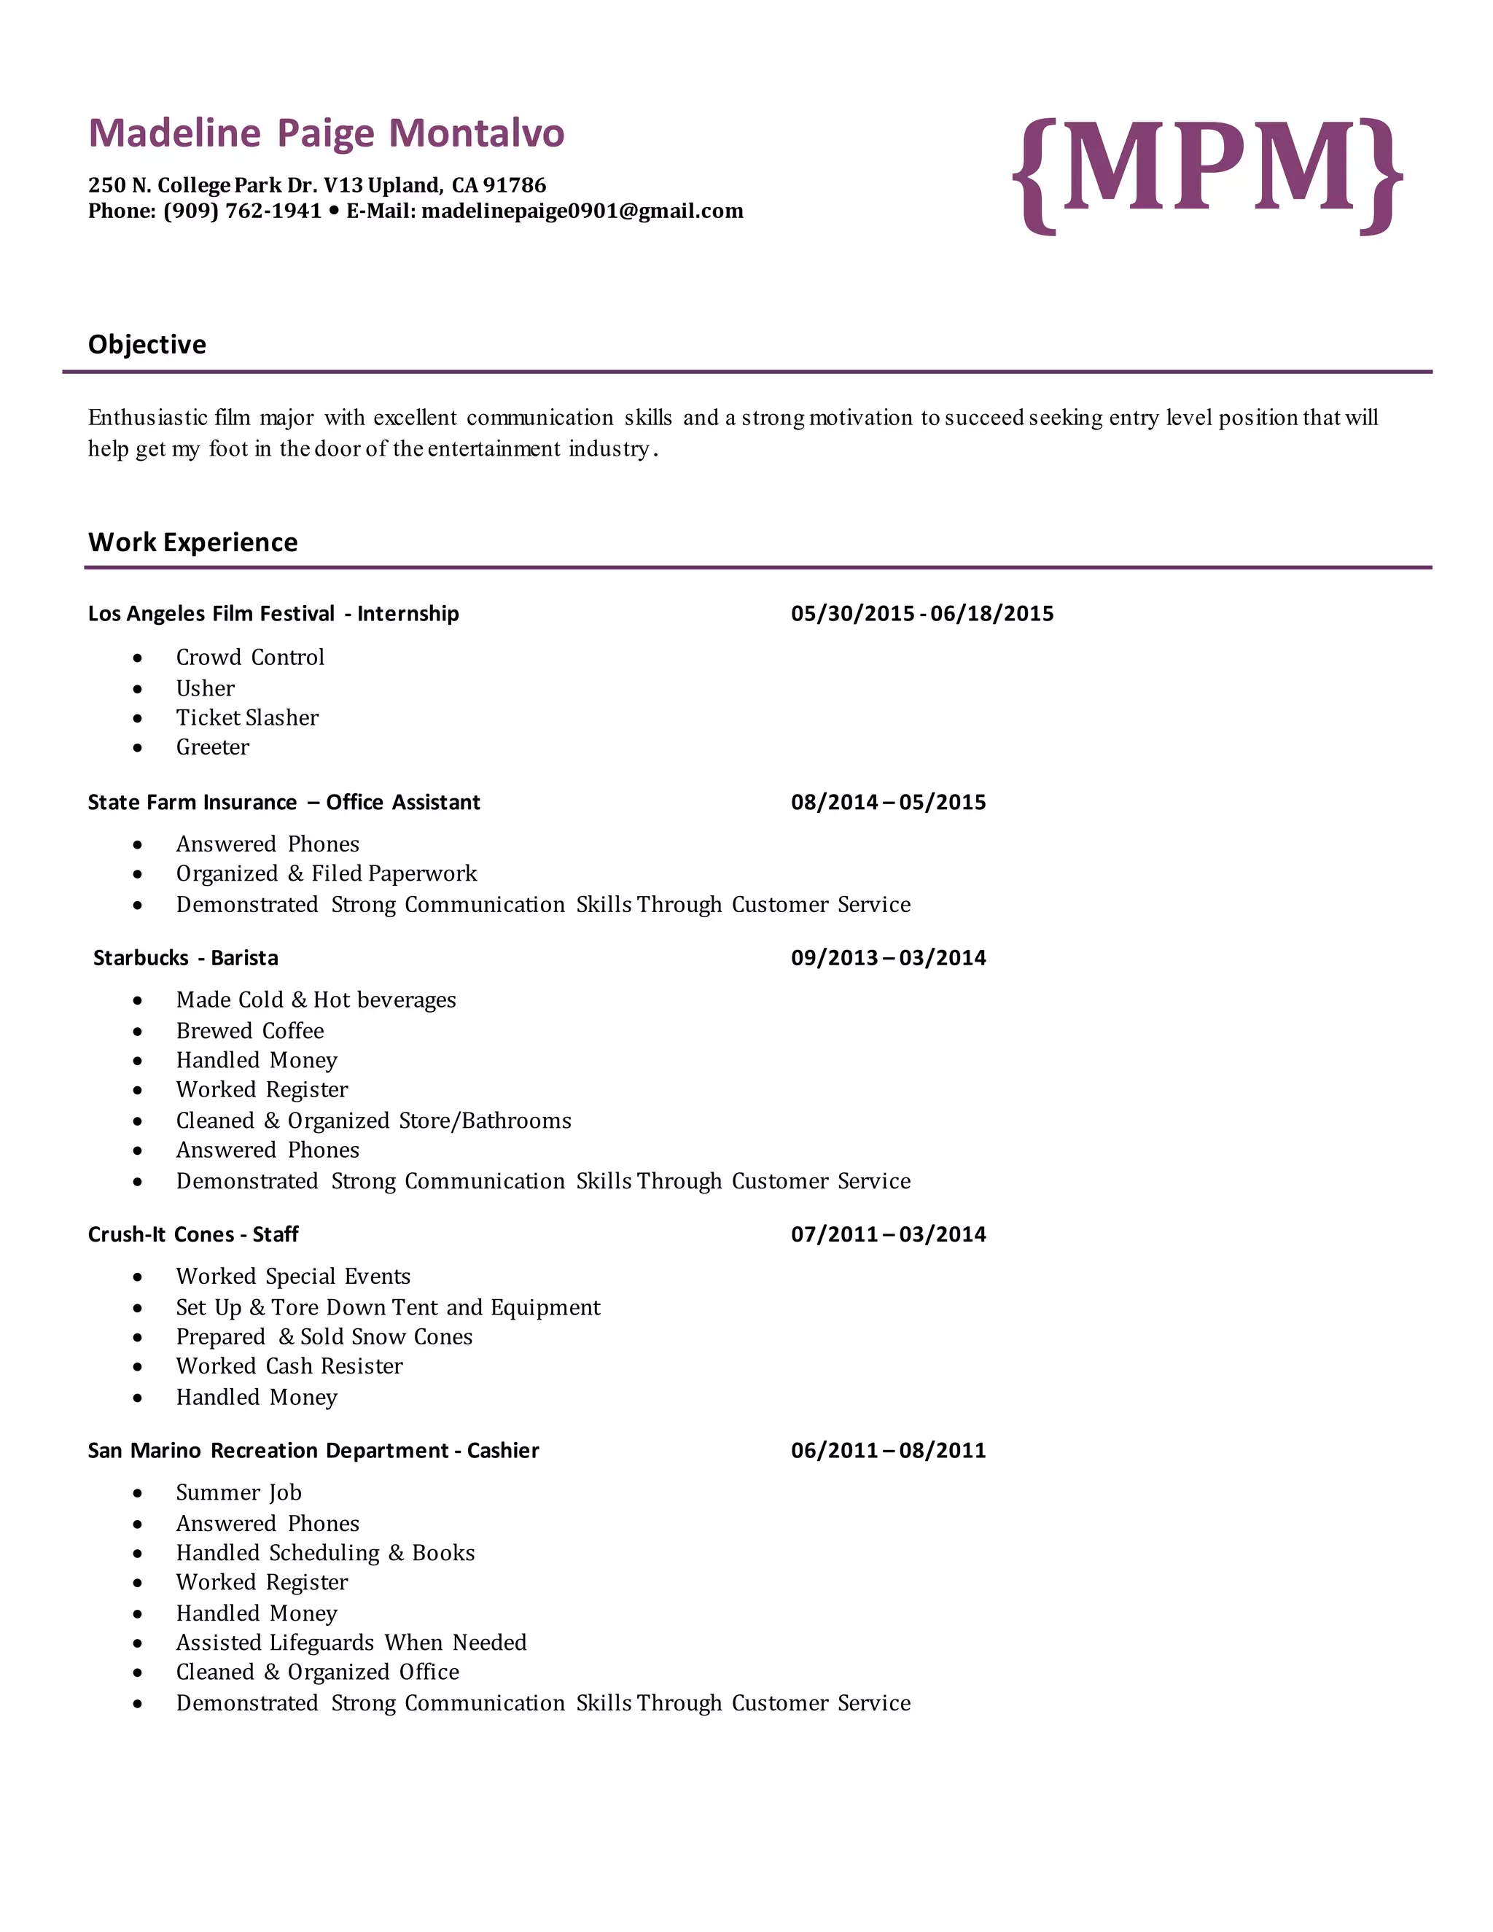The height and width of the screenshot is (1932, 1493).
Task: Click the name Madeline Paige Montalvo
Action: [327, 133]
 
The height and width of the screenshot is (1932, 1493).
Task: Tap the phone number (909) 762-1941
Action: [242, 211]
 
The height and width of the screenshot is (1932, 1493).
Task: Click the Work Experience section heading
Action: [192, 542]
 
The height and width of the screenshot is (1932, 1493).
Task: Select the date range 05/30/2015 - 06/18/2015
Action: [921, 614]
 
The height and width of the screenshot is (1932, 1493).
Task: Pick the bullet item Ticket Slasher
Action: [247, 717]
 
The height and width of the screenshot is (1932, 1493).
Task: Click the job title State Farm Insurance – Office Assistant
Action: [284, 803]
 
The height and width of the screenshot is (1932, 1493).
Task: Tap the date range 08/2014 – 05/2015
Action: [888, 803]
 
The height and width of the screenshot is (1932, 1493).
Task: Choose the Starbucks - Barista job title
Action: [186, 958]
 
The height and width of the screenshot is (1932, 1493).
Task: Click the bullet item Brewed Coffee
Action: [249, 1031]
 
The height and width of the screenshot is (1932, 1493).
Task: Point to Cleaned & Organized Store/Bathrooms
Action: [373, 1121]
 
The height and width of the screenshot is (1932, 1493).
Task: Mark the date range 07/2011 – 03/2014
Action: [888, 1234]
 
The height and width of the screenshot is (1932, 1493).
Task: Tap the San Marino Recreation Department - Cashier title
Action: [313, 1451]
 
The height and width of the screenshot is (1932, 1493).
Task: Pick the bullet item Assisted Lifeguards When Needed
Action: [351, 1643]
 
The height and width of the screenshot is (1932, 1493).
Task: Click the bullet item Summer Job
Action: [239, 1492]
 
